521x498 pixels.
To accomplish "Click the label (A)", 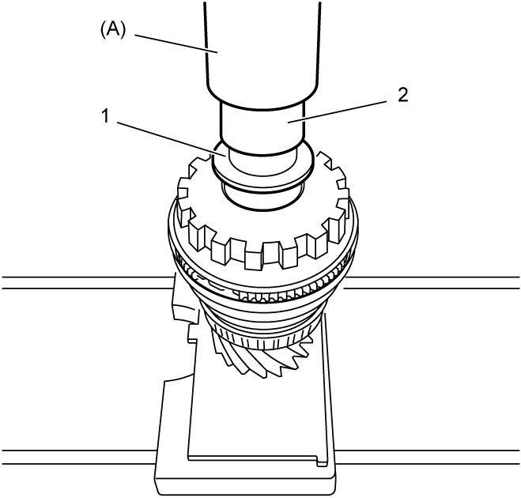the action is click(x=112, y=31).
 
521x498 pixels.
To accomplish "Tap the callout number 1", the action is click(x=105, y=116).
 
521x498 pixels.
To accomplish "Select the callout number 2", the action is click(x=402, y=96).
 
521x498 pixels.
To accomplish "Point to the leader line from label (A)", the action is click(x=176, y=43).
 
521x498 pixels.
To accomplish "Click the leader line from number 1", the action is click(x=172, y=139).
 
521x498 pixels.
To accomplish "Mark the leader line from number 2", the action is click(x=337, y=111).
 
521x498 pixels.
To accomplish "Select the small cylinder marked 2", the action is click(x=262, y=128).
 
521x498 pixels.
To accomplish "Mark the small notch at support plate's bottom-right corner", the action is click(x=321, y=462).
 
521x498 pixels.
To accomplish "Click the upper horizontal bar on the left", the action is click(x=87, y=282).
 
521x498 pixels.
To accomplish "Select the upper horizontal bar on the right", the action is click(x=432, y=282).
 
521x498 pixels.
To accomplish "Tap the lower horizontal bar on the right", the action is click(x=427, y=457).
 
